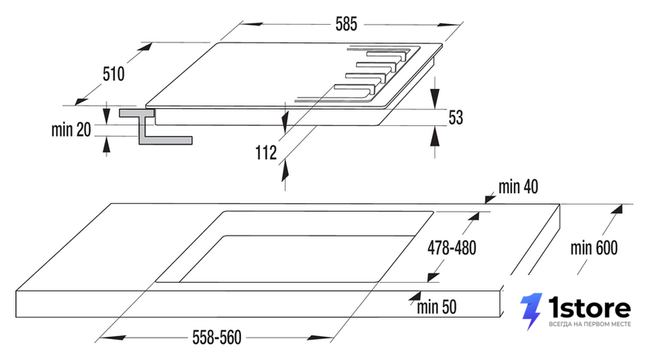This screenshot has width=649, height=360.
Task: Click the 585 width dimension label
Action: coord(346,25)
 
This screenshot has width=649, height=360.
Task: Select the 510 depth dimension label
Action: coord(114,74)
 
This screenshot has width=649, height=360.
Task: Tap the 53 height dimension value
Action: coord(456,117)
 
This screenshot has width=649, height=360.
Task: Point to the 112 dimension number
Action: coord(266,153)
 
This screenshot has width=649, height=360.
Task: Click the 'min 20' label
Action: coord(71,130)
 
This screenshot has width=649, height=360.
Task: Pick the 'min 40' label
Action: coord(518,187)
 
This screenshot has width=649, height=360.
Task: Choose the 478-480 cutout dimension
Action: coord(452,248)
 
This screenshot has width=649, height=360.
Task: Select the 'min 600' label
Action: coord(594,248)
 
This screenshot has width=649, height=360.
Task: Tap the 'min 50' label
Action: coord(437,307)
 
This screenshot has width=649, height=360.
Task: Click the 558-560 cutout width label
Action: coord(217,338)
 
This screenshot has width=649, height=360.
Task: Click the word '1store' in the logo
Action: coord(590,308)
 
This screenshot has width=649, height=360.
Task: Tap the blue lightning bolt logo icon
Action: coord(531,311)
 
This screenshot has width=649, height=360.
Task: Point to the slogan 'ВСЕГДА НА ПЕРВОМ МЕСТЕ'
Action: coord(590,324)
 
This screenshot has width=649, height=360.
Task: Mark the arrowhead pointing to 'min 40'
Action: coord(490,199)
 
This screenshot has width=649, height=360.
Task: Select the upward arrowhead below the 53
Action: coord(434,137)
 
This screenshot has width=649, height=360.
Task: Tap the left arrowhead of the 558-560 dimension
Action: coord(112,338)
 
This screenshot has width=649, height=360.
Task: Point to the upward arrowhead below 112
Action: coord(285,172)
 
